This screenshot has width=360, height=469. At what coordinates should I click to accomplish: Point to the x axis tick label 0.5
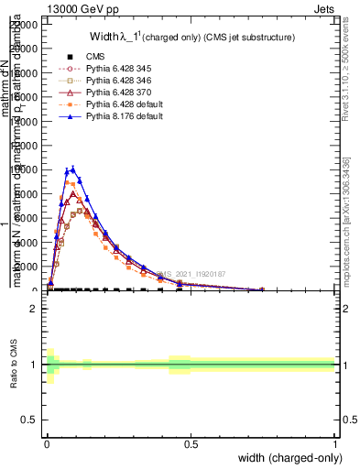click(191, 443)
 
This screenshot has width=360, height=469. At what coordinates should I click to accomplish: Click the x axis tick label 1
click(334, 443)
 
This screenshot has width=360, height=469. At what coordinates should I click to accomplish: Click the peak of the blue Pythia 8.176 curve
click(72, 168)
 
